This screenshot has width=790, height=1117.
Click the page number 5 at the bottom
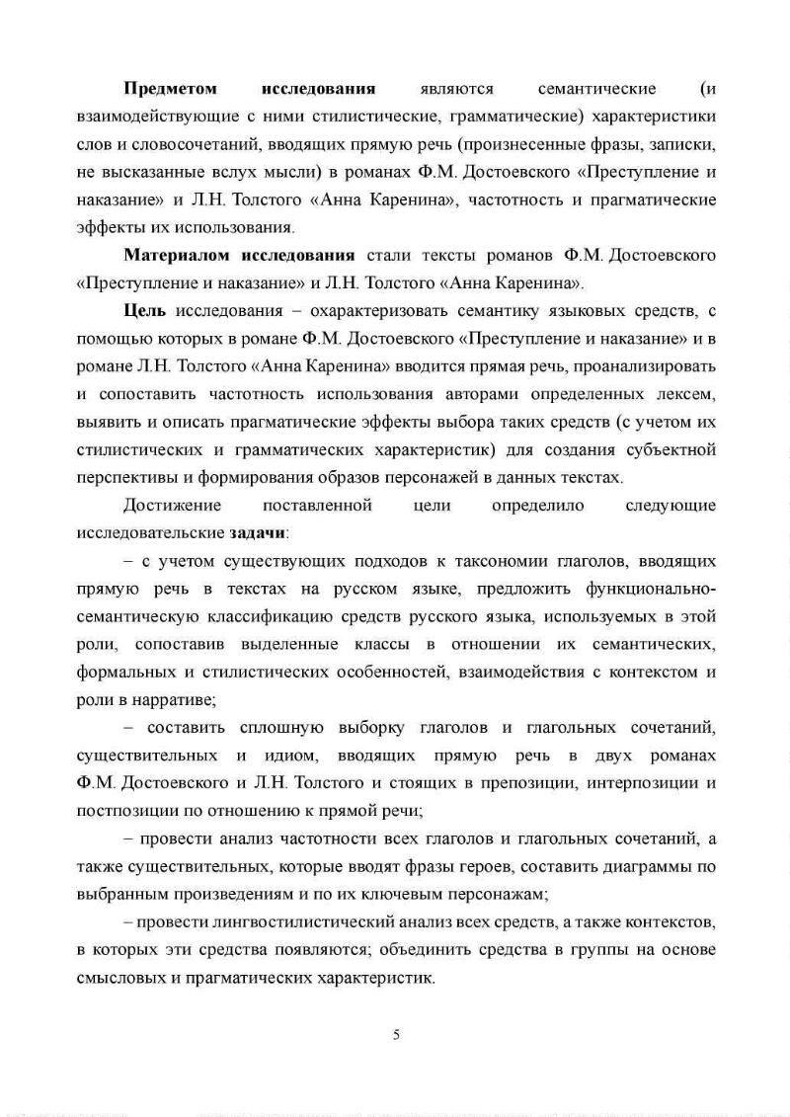[x=396, y=1035]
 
